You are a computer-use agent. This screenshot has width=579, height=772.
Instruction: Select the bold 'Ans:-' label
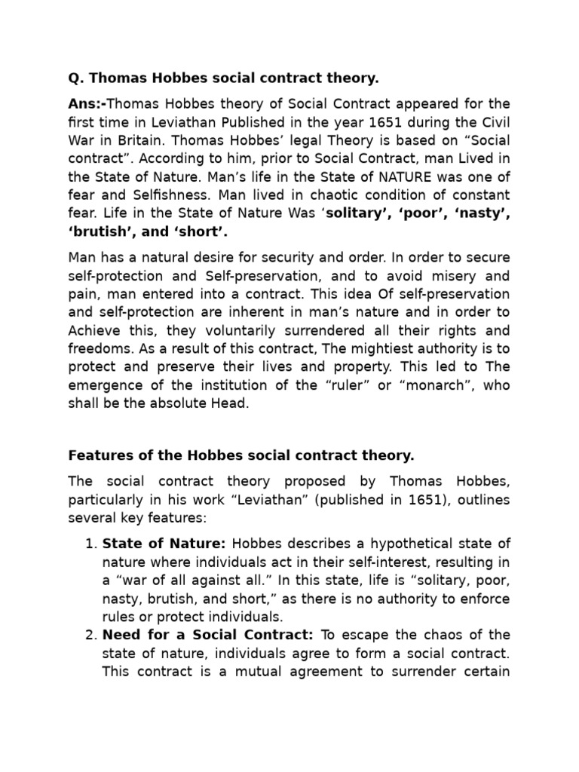pos(89,104)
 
